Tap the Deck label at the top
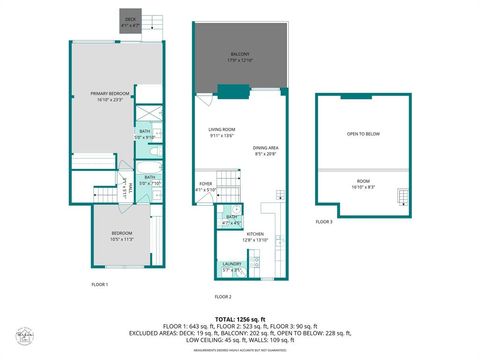coord(131,20)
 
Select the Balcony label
coord(241,57)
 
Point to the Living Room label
coord(221,131)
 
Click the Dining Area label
coord(265,148)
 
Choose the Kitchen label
coord(256,234)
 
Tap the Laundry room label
coord(231,267)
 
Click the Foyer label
coord(206,185)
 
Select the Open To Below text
coord(363,134)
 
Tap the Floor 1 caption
coord(99,285)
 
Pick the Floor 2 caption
coord(223,297)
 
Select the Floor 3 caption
coord(324,221)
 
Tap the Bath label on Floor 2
coord(231,219)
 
